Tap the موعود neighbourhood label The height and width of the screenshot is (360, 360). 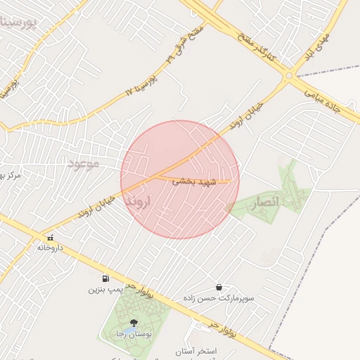click(x=86, y=164)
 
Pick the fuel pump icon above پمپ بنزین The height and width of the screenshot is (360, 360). click(x=105, y=278)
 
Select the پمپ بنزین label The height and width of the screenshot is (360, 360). click(x=106, y=289)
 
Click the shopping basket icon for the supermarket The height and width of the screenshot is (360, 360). click(x=219, y=288)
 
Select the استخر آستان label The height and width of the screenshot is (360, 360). click(x=213, y=350)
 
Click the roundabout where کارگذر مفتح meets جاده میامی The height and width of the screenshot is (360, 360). click(x=290, y=79)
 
